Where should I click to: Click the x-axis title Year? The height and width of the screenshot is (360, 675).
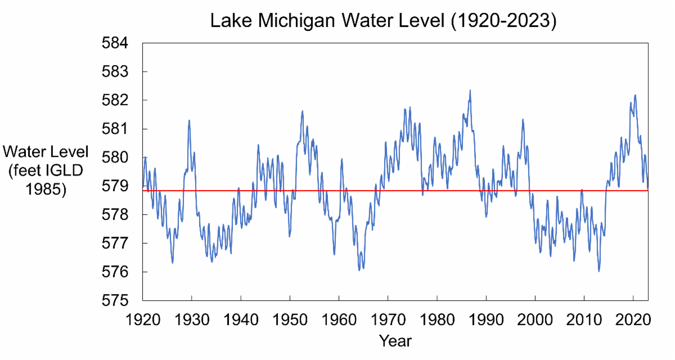point(395,341)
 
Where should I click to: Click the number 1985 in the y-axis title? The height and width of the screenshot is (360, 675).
point(46,190)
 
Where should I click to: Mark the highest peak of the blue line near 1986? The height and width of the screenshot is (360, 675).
point(470,90)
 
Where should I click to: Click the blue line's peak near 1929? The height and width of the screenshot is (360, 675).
point(189,120)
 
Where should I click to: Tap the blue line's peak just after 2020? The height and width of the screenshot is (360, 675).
point(635,95)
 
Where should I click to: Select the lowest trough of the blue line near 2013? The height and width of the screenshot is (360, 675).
point(598,271)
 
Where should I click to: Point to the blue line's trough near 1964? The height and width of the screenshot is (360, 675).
point(359,270)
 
